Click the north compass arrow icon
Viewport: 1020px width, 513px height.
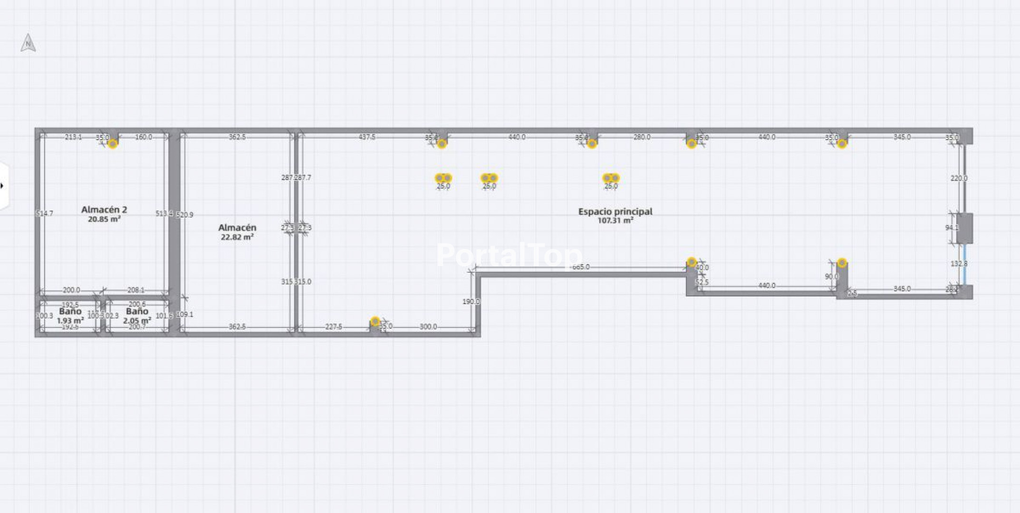[x=28, y=43]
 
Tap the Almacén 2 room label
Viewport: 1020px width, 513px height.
[x=104, y=209]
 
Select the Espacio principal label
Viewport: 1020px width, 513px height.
[x=615, y=211]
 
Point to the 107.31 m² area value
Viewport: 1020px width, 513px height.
[x=615, y=220]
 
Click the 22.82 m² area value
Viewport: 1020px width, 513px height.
[x=237, y=237]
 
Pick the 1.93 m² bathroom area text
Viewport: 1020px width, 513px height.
[x=70, y=321]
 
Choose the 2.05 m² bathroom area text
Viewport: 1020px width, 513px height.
[x=137, y=321]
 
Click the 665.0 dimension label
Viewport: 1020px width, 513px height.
[x=580, y=267]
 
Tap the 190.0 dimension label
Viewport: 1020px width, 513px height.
[x=471, y=302]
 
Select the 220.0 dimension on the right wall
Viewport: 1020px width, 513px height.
[x=959, y=178]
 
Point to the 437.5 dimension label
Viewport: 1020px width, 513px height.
[x=366, y=137]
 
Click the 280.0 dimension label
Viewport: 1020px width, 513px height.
[x=642, y=137]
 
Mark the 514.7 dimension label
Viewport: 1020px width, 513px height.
[x=44, y=213]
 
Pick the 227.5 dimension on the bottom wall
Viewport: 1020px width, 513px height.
[x=334, y=327]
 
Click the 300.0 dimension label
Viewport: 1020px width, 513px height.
[x=428, y=327]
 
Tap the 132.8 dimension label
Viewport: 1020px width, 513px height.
[x=959, y=263]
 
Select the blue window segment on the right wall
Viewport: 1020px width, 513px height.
[x=965, y=265]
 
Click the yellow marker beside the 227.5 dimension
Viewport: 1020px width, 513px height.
[x=375, y=322]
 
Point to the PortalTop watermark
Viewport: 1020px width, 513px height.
[x=509, y=255]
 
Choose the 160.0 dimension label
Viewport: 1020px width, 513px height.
[x=144, y=137]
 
